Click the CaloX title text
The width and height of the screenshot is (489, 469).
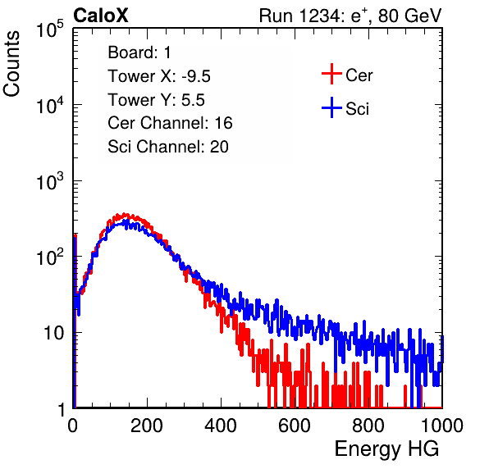click(101, 16)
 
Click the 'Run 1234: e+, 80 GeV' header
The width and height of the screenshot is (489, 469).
click(350, 16)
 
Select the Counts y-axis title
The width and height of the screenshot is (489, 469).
click(11, 64)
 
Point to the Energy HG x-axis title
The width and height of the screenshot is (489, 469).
click(386, 449)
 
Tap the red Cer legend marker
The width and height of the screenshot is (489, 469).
click(331, 74)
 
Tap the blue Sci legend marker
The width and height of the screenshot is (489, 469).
click(331, 108)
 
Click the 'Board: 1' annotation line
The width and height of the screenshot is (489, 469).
click(139, 52)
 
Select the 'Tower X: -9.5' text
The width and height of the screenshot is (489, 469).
click(159, 76)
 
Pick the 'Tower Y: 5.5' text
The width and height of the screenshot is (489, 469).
click(156, 100)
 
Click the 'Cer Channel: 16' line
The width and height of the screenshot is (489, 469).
click(170, 123)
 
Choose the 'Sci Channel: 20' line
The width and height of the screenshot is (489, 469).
click(168, 147)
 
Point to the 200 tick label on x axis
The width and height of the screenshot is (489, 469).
click(147, 426)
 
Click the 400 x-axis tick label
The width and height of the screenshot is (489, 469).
click(221, 426)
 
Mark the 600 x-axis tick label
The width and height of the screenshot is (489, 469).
click(295, 426)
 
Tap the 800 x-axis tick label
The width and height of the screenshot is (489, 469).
click(368, 426)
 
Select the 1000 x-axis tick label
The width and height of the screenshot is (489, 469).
click(442, 426)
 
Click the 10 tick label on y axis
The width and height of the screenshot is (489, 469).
click(54, 333)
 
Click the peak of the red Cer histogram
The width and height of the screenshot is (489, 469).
click(125, 214)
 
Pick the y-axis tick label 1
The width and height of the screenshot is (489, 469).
click(62, 409)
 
